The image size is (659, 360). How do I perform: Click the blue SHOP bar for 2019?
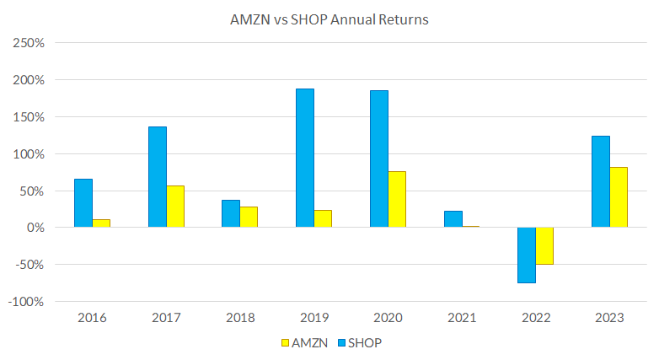(304, 158)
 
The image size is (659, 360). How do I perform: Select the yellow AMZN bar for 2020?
(396, 199)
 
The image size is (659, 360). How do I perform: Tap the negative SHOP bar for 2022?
(526, 255)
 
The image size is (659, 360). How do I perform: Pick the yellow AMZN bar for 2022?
(544, 245)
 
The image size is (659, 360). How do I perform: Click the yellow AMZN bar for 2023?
(618, 197)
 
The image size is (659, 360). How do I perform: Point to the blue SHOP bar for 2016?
(83, 203)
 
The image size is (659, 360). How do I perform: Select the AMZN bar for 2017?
(175, 207)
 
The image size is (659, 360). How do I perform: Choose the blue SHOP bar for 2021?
(453, 219)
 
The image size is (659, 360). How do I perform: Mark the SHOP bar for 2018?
(230, 213)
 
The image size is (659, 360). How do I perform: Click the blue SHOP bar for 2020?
(378, 159)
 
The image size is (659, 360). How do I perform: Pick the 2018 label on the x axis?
(239, 318)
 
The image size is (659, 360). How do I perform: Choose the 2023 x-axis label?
(609, 318)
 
